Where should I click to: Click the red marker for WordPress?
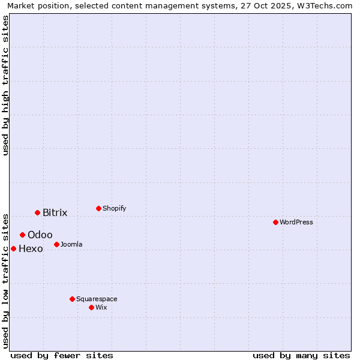(x=275, y=222)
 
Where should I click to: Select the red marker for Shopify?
(x=98, y=208)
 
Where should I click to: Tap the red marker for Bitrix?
(x=37, y=212)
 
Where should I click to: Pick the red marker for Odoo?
(x=22, y=235)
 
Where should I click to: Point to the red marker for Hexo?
(x=13, y=248)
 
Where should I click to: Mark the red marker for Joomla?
(x=56, y=244)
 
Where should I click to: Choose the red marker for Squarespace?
(x=72, y=299)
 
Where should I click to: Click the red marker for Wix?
(x=91, y=307)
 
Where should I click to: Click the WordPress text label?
(x=296, y=222)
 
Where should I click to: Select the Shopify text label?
(x=115, y=208)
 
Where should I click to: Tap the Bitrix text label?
(x=55, y=212)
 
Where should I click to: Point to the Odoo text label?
(x=40, y=235)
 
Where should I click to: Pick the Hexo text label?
(x=31, y=248)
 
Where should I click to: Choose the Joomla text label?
(x=71, y=244)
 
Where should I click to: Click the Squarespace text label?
(x=97, y=299)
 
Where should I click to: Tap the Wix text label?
(x=101, y=307)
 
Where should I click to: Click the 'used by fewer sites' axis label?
(x=62, y=355)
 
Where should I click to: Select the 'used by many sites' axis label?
(x=301, y=355)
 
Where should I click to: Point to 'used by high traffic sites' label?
(x=6, y=85)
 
